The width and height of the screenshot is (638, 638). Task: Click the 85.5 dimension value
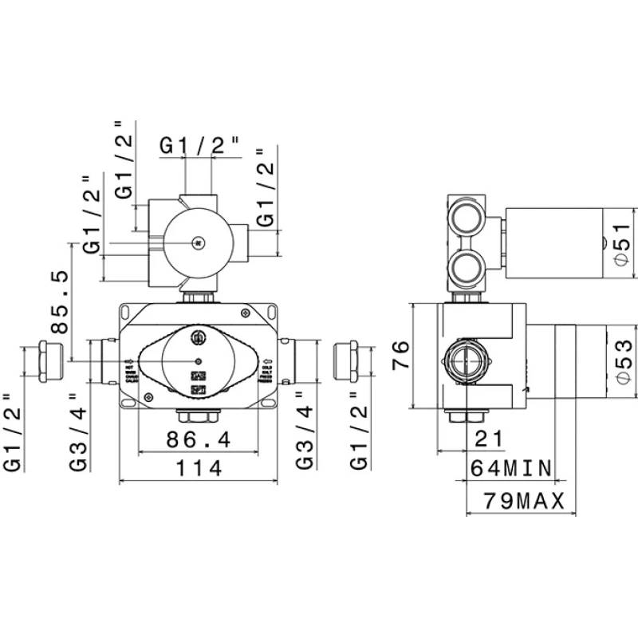pyautogui.click(x=60, y=301)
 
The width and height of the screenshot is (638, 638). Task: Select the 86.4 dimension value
pyautogui.click(x=199, y=439)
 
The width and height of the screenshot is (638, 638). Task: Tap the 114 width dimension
pyautogui.click(x=199, y=468)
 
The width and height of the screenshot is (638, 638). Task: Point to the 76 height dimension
pyautogui.click(x=400, y=355)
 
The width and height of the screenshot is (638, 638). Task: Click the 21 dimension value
pyautogui.click(x=489, y=439)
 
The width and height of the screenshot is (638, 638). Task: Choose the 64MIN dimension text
pyautogui.click(x=511, y=468)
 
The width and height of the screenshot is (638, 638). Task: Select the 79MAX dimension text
pyautogui.click(x=524, y=501)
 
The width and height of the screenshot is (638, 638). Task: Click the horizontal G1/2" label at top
pyautogui.click(x=199, y=146)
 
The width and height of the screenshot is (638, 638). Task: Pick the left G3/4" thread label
pyautogui.click(x=78, y=432)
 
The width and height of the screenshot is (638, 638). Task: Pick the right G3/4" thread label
pyautogui.click(x=305, y=431)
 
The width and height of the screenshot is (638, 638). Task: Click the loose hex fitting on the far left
pyautogui.click(x=51, y=362)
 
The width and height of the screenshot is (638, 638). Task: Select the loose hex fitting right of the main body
pyautogui.click(x=345, y=361)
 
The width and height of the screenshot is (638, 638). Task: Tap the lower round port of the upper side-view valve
pyautogui.click(x=467, y=268)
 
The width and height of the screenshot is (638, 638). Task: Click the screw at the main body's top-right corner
pyautogui.click(x=245, y=313)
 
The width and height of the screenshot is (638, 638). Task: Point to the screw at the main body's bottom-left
pyautogui.click(x=149, y=396)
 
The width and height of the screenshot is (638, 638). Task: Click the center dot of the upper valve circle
pyautogui.click(x=199, y=243)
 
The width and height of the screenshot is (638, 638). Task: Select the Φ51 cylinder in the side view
pyautogui.click(x=553, y=244)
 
